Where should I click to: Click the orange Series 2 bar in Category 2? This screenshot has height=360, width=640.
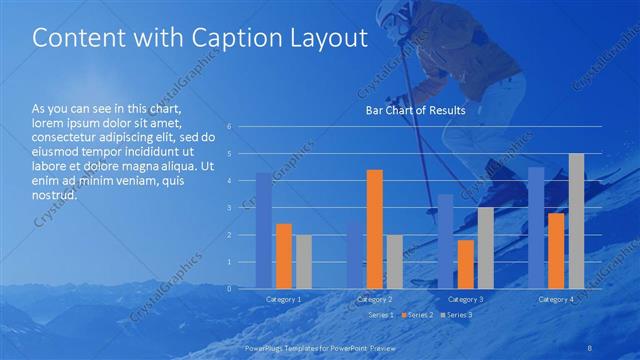(375, 229)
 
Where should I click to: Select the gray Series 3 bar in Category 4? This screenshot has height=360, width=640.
(576, 221)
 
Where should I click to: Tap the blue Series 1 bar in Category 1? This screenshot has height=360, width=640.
(264, 230)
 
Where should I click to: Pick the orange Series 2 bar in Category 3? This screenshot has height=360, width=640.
(466, 264)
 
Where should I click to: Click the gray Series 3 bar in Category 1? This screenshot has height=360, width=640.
(303, 261)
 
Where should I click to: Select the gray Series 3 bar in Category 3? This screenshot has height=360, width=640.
(485, 248)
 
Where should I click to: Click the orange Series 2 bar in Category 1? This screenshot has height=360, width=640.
(284, 256)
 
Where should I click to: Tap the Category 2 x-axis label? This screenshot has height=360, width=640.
(375, 299)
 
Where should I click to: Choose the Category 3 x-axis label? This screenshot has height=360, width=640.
(465, 299)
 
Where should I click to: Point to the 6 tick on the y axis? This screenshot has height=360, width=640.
(230, 127)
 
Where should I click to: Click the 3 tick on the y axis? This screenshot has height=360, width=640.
(230, 208)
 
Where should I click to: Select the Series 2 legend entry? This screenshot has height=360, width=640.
(417, 315)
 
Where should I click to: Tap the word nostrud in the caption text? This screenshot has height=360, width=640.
(55, 195)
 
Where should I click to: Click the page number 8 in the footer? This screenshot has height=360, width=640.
(590, 345)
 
